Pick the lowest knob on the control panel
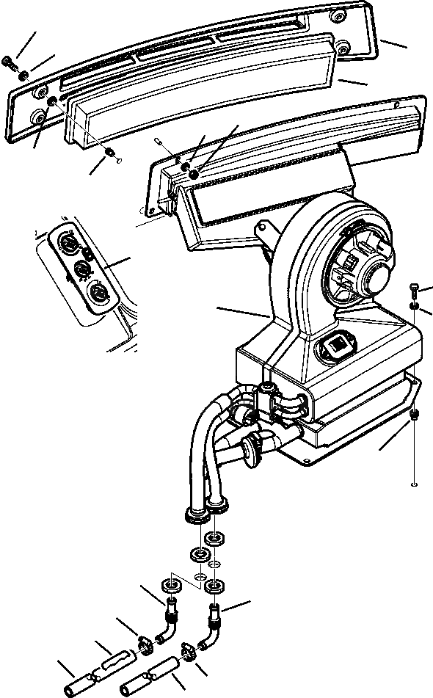pos(96,295)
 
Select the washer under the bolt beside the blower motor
pos(414,305)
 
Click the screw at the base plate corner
pos(415,415)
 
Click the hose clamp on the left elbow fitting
pos(145,645)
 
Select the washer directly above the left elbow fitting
pos(170,586)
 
